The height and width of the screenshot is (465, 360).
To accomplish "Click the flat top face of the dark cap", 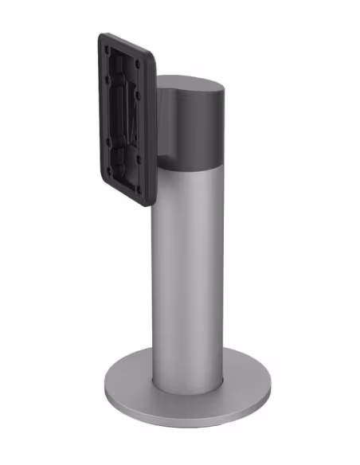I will coord(190,83).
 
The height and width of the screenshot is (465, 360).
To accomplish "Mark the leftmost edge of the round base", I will coord(104,388).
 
